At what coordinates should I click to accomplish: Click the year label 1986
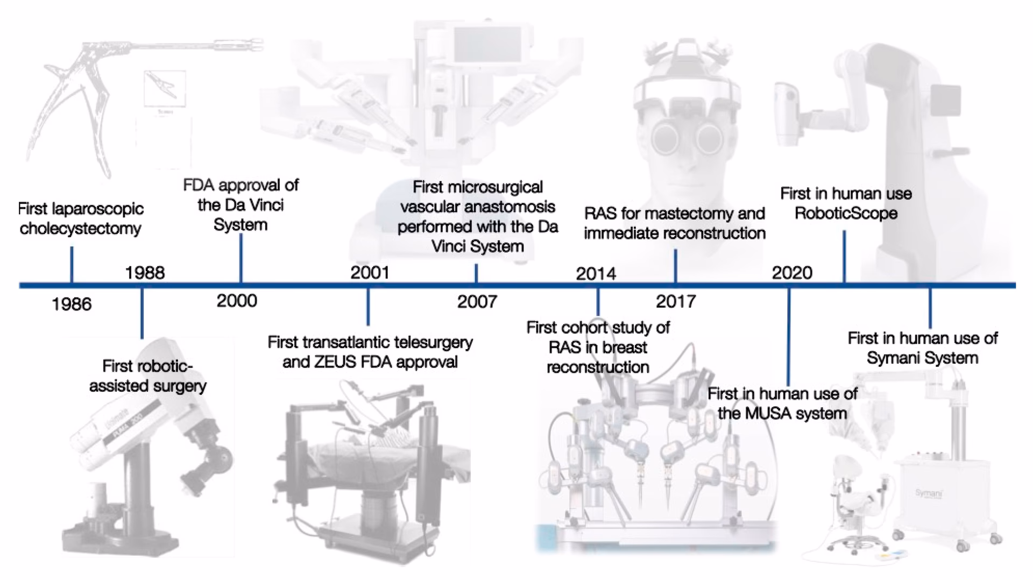(x=72, y=305)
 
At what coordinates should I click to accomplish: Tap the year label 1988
(x=145, y=273)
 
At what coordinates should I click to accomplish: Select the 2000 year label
(x=237, y=301)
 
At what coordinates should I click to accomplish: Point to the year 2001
(x=370, y=273)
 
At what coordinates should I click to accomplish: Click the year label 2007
(x=477, y=302)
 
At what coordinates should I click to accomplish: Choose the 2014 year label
(x=596, y=274)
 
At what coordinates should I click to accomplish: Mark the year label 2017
(x=676, y=301)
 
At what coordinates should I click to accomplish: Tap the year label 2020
(x=792, y=273)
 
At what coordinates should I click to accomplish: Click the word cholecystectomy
(x=80, y=229)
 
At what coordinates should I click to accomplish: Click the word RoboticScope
(x=846, y=214)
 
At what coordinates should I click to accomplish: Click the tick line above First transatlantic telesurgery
(x=368, y=307)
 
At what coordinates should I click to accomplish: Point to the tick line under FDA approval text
(x=240, y=258)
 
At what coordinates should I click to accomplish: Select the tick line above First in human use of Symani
(x=930, y=308)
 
